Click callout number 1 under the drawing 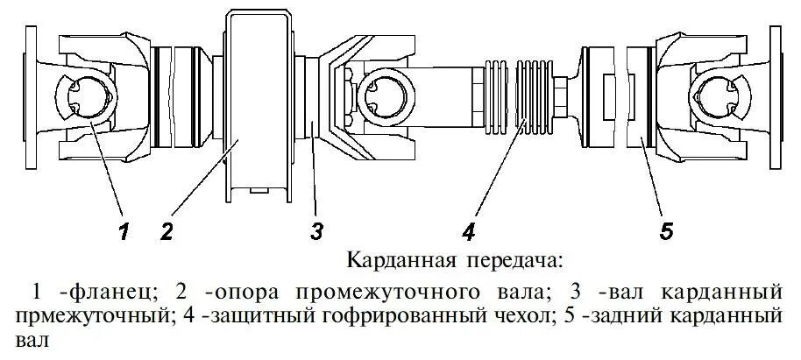tap(124, 230)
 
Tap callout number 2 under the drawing tap(167, 230)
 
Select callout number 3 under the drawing tap(316, 230)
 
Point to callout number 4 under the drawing tap(469, 230)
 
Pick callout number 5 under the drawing tap(666, 230)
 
